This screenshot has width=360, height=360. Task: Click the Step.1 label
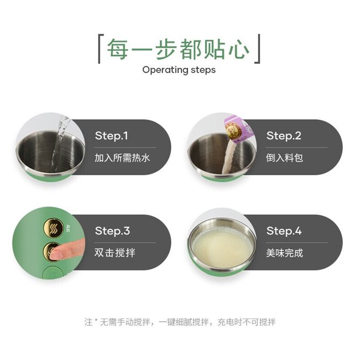click(111, 136)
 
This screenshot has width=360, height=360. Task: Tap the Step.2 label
click(284, 136)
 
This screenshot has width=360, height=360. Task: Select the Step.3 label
click(112, 231)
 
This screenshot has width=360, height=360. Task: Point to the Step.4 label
click(284, 231)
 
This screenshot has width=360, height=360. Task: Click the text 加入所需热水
click(122, 158)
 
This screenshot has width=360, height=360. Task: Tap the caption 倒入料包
click(284, 158)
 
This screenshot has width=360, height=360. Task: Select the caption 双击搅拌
click(115, 253)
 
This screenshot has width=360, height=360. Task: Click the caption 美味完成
click(284, 253)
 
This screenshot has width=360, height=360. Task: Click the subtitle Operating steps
click(179, 70)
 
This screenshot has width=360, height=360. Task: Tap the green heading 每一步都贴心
click(178, 49)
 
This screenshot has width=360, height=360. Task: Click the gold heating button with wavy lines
click(54, 228)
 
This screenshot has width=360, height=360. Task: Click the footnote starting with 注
click(180, 322)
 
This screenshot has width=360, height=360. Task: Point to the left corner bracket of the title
click(100, 49)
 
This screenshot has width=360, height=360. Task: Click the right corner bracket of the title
click(257, 49)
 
